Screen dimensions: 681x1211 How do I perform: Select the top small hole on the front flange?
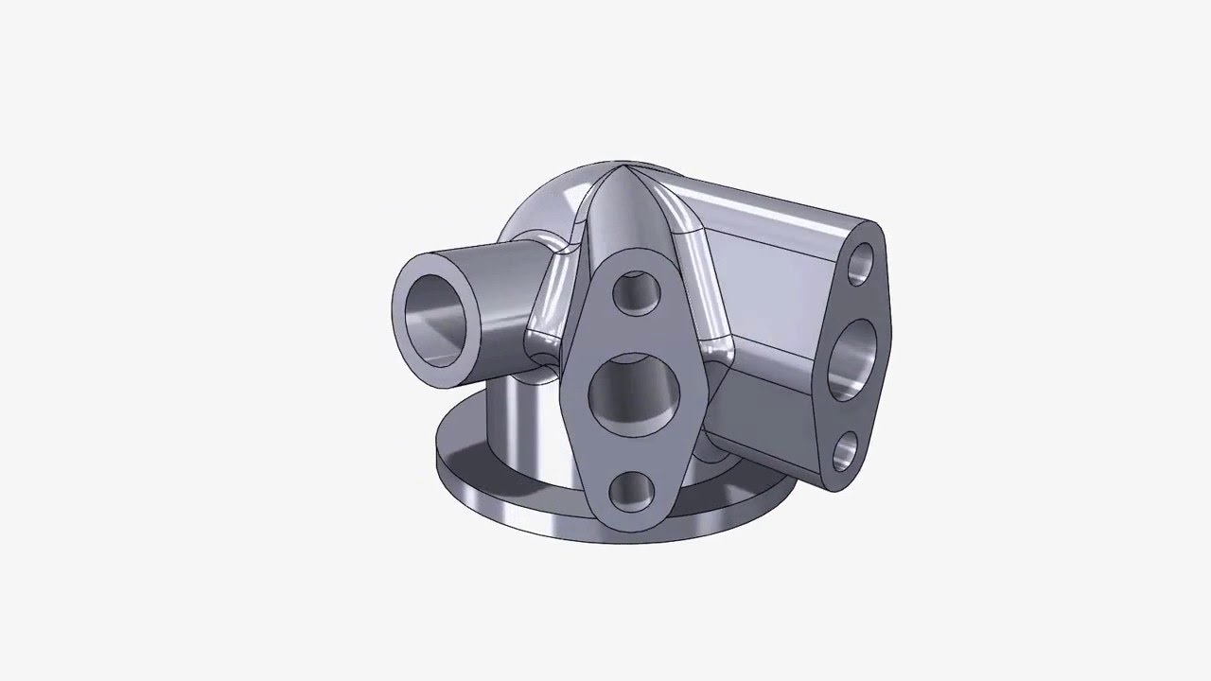click(x=636, y=293)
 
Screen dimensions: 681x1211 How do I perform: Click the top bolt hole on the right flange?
click(x=861, y=264)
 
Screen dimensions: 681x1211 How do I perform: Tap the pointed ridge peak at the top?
click(x=621, y=170)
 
